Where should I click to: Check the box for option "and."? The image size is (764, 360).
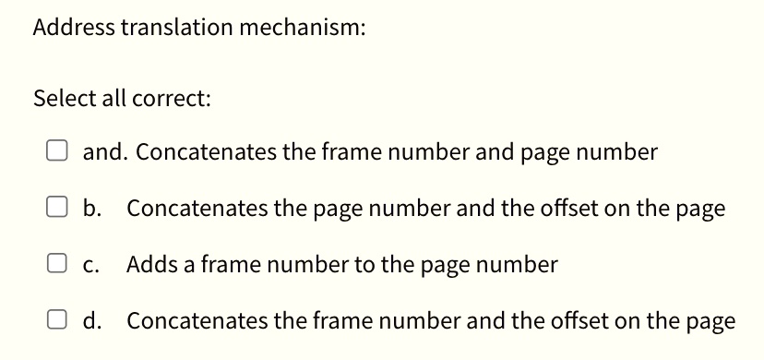coord(57,151)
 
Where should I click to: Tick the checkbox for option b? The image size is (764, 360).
coord(57,209)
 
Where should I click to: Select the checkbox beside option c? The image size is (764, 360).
coord(57,265)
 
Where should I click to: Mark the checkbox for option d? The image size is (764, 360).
coord(57,321)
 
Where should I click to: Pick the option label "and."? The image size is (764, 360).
coord(104,152)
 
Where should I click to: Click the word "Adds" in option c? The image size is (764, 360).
coord(149,265)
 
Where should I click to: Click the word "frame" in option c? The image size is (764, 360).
coord(219,265)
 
